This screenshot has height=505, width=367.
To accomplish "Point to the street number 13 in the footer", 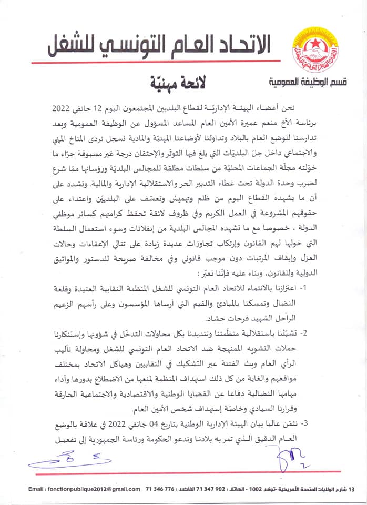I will point(352,489).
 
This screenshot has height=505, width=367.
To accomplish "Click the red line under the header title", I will point(158,63).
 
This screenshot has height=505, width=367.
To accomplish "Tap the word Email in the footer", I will point(38,489).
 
